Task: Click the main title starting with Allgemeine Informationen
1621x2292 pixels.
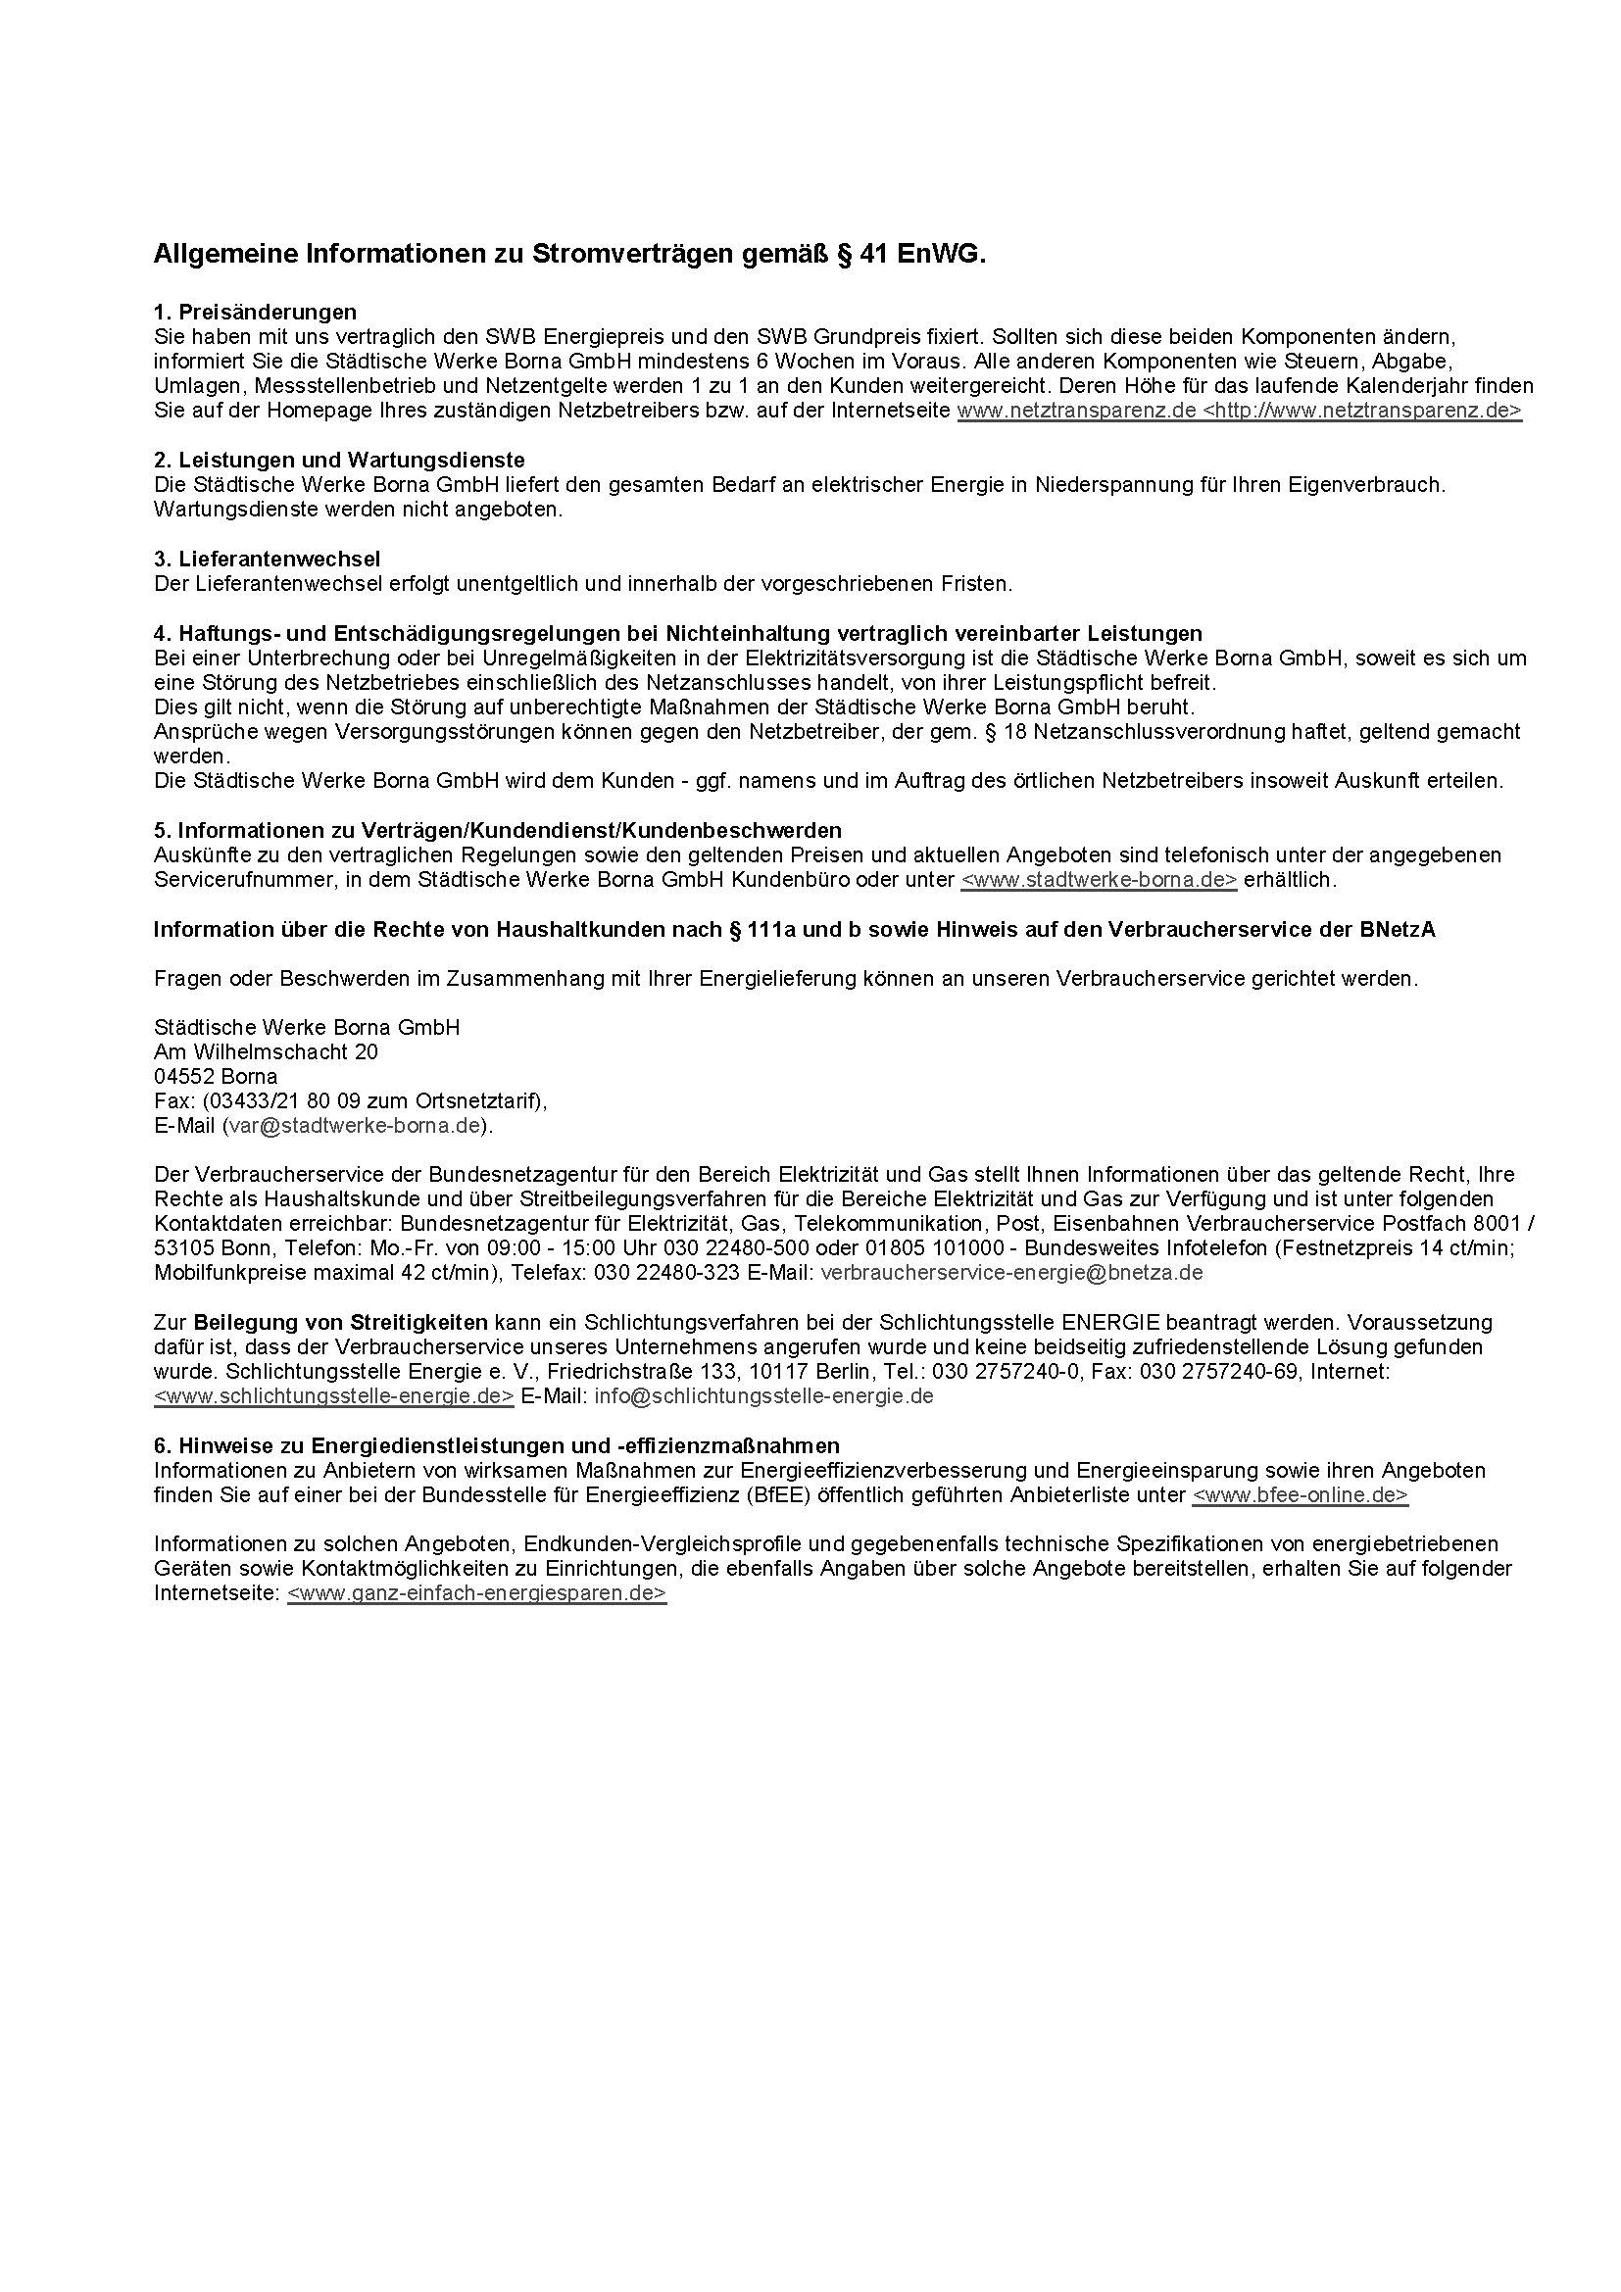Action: [569, 255]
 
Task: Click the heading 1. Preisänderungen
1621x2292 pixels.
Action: [255, 313]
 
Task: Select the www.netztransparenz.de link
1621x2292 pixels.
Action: [1076, 411]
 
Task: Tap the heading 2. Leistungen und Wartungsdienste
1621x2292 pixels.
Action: [339, 461]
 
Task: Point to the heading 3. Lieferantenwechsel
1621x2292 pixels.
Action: [267, 558]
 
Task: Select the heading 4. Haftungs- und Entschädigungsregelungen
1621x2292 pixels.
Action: [678, 633]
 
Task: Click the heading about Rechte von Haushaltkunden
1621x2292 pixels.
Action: [794, 929]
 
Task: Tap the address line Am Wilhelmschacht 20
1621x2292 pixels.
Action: [266, 1052]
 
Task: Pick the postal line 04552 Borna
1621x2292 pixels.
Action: [216, 1076]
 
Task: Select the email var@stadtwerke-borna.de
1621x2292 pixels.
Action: [356, 1126]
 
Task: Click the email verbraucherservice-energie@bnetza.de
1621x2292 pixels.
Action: [1011, 1273]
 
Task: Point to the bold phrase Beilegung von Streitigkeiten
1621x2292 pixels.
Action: [340, 1323]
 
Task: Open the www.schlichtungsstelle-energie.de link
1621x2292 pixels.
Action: [334, 1396]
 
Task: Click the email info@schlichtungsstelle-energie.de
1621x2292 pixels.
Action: [763, 1396]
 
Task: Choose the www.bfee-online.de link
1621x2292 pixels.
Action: [1300, 1495]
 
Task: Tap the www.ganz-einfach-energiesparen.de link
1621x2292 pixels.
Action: [476, 1593]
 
